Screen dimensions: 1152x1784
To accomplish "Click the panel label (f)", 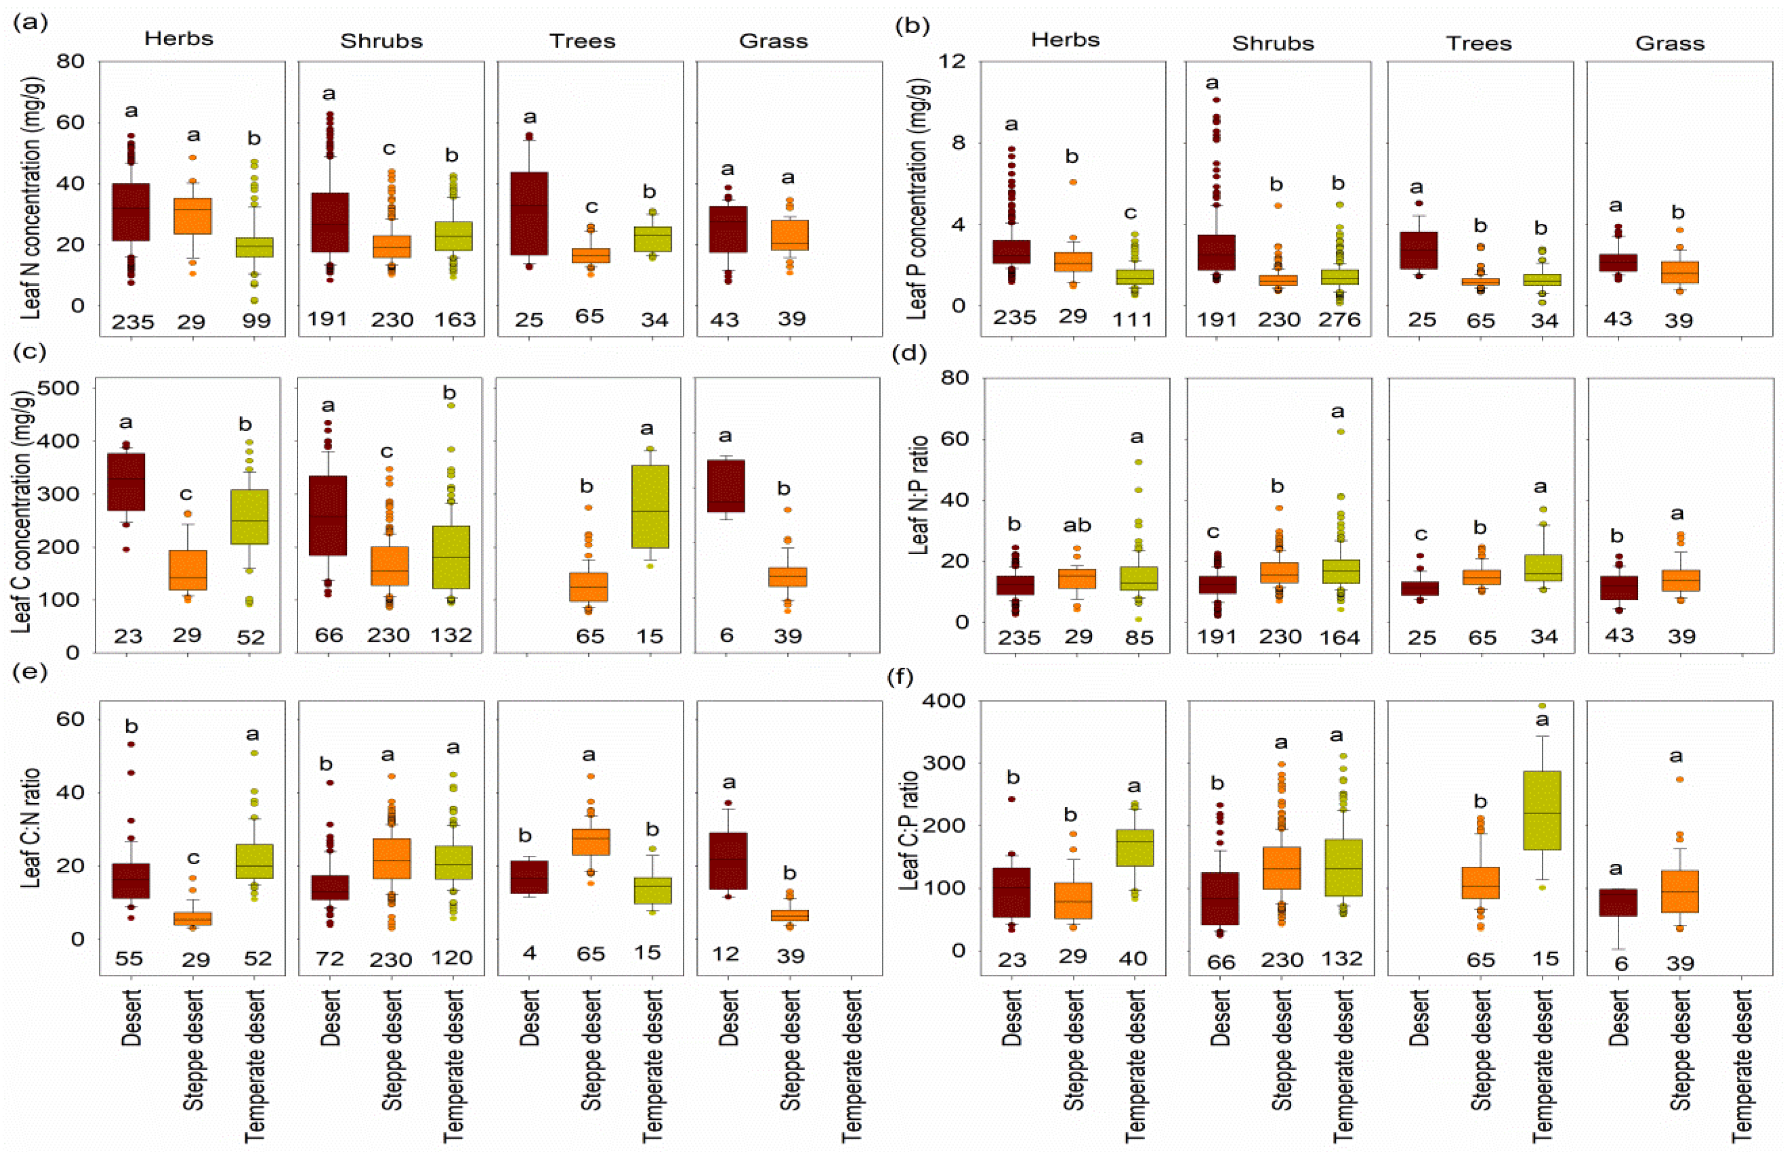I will click(899, 678).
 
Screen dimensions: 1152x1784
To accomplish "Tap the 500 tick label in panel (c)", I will click(67, 387).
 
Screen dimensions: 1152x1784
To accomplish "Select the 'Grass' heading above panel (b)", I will click(1669, 43).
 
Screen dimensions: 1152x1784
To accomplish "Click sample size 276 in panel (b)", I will click(1339, 320).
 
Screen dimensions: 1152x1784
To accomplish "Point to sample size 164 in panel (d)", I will click(1339, 638).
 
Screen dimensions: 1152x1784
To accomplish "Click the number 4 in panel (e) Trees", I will click(529, 954).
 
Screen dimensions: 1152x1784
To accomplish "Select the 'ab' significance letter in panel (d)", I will click(1077, 526).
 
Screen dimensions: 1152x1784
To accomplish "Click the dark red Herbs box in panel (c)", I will click(127, 482).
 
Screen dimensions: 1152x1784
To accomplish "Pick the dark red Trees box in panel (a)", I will click(529, 214).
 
